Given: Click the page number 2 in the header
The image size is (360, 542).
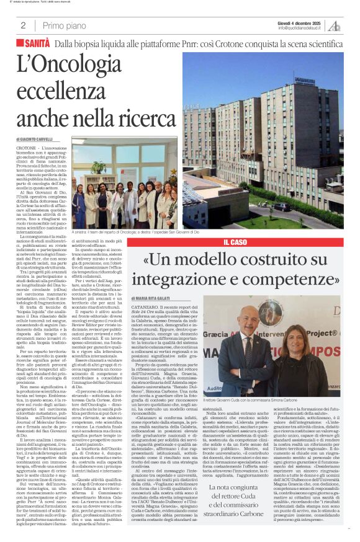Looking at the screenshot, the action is coord(23,25).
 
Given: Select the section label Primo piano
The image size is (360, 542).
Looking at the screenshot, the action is coord(64,25).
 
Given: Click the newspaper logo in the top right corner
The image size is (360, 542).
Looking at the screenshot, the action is coord(335,25).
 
